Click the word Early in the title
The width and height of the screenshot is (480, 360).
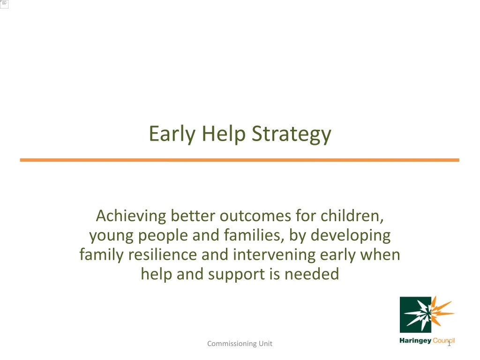click(x=173, y=135)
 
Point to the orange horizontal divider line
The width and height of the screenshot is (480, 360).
click(x=240, y=160)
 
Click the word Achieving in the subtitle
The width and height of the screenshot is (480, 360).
click(x=131, y=216)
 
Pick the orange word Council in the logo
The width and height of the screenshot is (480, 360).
click(x=444, y=341)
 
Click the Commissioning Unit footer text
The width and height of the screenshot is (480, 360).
click(x=240, y=344)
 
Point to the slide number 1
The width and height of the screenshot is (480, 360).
click(x=449, y=345)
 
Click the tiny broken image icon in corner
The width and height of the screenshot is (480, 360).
click(x=4, y=4)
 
